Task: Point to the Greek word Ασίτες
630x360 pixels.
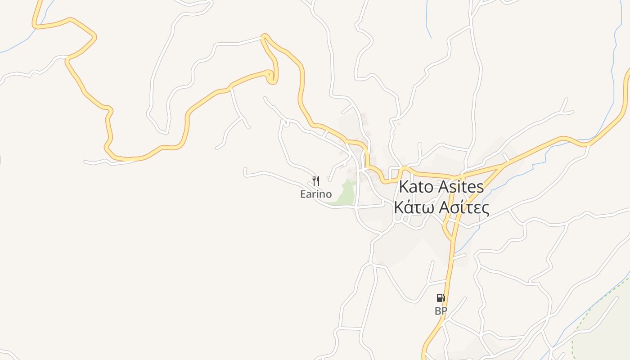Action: tap(464, 208)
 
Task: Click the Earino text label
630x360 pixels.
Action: tap(316, 194)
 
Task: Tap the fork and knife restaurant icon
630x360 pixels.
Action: tap(316, 181)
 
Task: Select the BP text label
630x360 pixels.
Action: tap(441, 311)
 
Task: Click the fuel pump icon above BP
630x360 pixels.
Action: tap(441, 298)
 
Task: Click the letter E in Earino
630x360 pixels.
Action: tap(303, 194)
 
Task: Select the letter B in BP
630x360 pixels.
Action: tap(438, 311)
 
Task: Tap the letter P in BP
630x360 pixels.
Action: tap(444, 311)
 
